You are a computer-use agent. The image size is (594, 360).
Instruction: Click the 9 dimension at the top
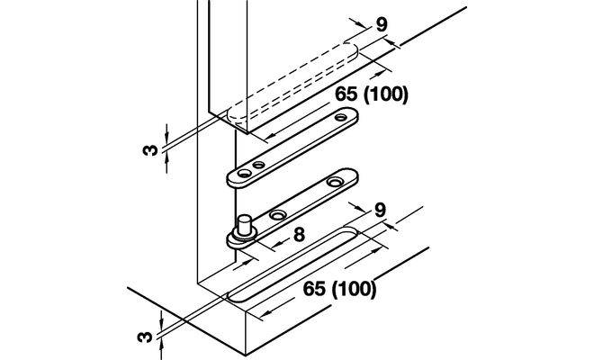pos(383,24)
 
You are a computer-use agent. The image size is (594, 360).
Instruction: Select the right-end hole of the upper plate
pos(341,116)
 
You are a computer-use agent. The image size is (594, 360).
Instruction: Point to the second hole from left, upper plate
pos(259,166)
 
